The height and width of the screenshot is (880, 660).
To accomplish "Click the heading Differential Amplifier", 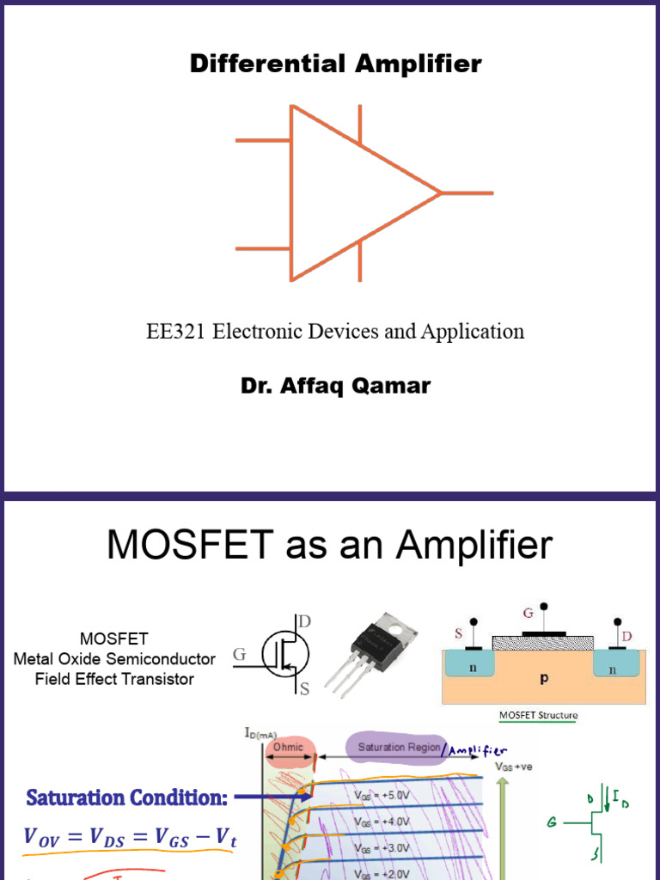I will (x=336, y=64).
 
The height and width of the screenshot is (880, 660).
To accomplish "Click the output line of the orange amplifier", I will (x=467, y=193).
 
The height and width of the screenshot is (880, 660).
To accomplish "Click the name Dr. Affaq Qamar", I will (x=335, y=386).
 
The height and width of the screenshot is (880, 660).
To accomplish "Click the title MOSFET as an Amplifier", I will (x=330, y=546).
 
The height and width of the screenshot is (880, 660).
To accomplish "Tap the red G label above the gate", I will (x=529, y=614).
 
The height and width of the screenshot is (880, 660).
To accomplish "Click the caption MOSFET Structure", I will (x=538, y=715).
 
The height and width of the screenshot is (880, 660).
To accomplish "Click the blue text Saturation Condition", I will (x=126, y=797).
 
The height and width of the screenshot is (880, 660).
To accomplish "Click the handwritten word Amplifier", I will (x=480, y=750).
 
